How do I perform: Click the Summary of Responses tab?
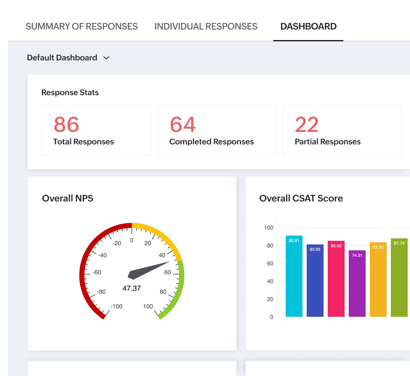pos(82,27)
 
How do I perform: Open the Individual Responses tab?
pos(206,27)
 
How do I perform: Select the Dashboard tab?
pos(308,27)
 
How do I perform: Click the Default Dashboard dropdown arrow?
pos(106,58)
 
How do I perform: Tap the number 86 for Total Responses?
pos(66,125)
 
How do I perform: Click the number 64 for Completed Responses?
pos(183,125)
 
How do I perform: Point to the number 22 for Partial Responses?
pos(307,125)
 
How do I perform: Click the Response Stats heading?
pos(70,93)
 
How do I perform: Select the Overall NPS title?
pos(68,198)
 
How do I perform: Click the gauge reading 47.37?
pos(132,288)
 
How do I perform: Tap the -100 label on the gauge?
pos(116,306)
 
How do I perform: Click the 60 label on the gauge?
pos(167,272)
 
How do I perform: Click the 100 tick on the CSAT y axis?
pos(269,228)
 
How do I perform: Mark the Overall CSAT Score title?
pos(301,198)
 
